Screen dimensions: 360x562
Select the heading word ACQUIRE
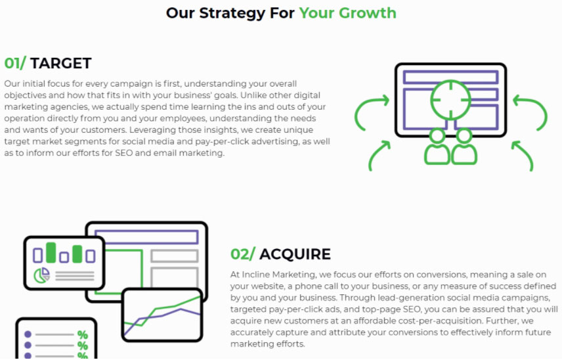[295, 254]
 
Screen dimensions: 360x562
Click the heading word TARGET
[60, 63]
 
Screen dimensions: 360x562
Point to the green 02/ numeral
[242, 254]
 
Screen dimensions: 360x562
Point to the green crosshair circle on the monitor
[450, 100]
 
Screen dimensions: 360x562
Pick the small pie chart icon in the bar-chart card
[42, 275]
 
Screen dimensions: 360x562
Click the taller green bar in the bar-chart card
[51, 253]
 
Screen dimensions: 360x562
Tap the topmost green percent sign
[82, 335]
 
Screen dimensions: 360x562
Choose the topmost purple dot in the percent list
[28, 335]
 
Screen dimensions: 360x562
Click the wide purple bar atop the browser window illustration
[146, 237]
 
